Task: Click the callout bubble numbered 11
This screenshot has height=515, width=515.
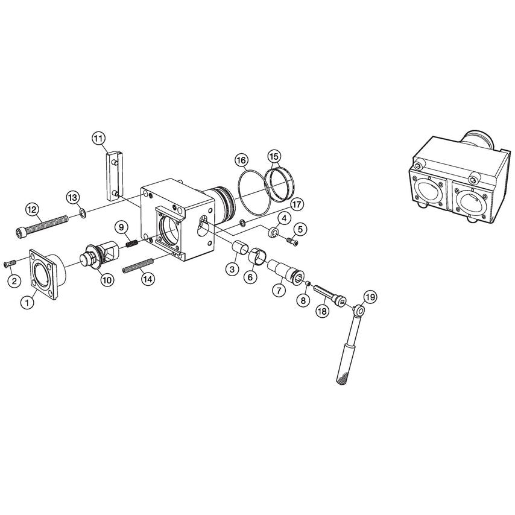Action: tap(99, 138)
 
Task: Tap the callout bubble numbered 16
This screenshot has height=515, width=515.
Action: tap(241, 160)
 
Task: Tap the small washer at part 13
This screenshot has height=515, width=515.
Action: tap(81, 213)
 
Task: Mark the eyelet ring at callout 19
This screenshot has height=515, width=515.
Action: tap(360, 311)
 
